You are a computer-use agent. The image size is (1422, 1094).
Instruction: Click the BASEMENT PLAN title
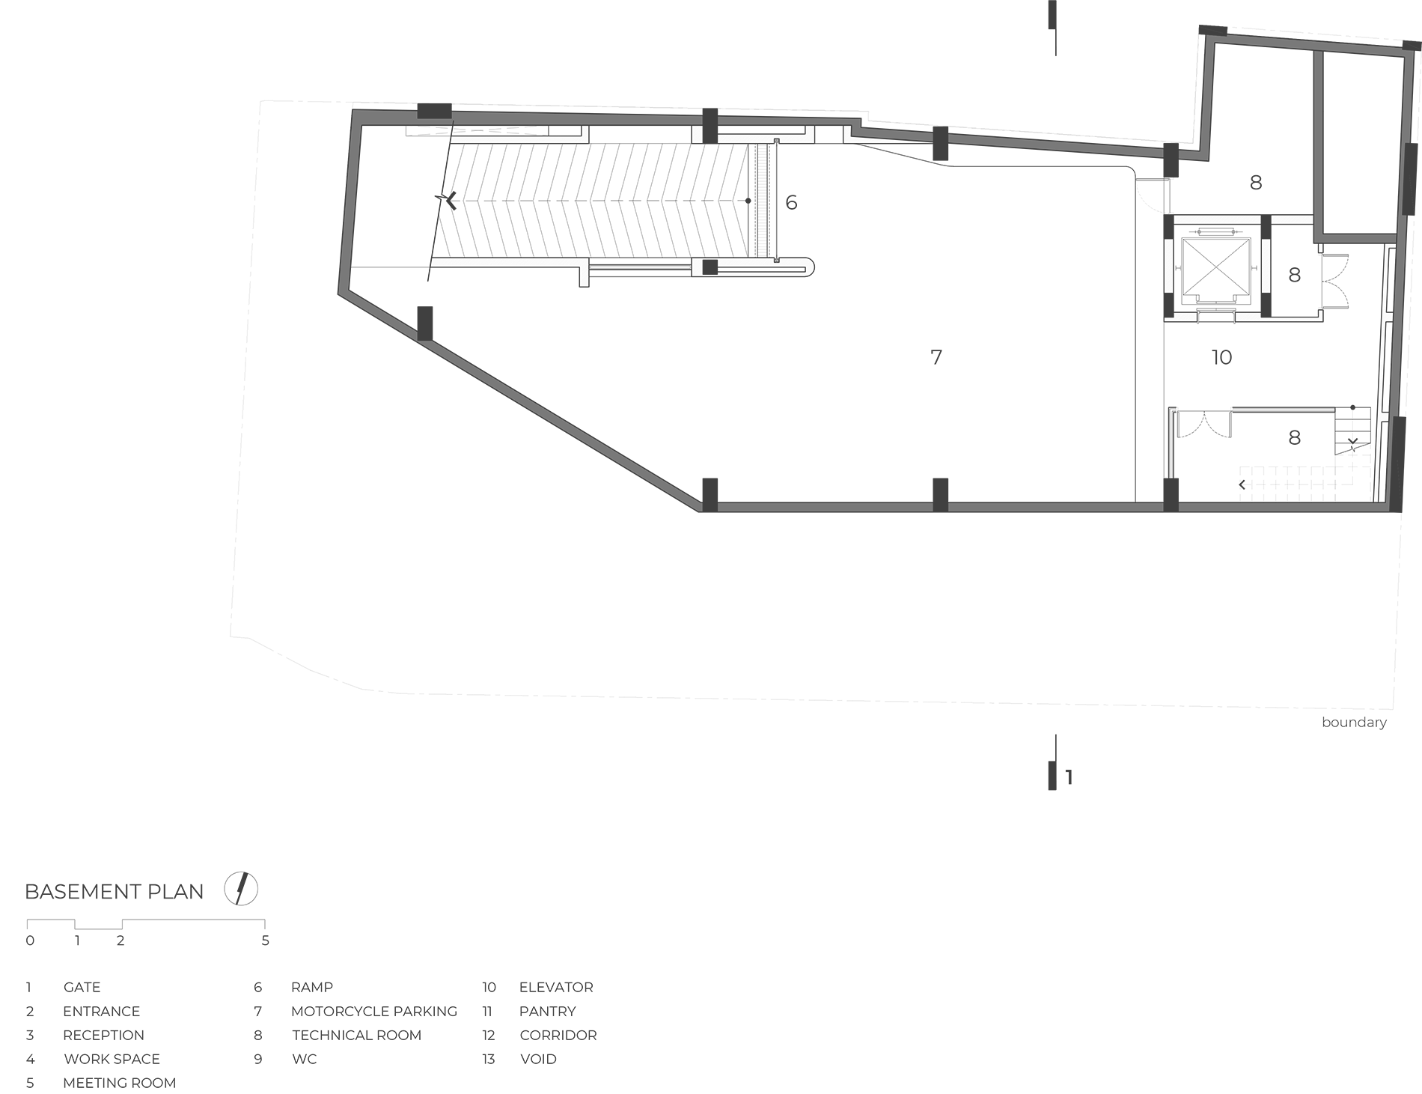[114, 891]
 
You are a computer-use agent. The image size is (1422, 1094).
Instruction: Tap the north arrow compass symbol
[241, 890]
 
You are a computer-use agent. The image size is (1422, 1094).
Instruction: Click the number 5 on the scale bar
[265, 940]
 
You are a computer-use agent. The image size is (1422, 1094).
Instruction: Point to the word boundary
[1354, 723]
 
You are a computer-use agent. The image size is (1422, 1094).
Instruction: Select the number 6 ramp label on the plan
[791, 202]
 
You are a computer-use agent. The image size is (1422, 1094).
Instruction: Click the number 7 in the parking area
[936, 357]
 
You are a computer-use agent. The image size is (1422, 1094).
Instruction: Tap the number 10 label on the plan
[1221, 357]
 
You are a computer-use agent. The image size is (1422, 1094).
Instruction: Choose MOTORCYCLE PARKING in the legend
[374, 1011]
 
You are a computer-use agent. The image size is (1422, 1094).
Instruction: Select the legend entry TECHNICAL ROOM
[357, 1035]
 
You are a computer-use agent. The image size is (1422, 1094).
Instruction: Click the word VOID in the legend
[538, 1059]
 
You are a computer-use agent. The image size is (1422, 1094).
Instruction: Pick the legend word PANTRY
[547, 1011]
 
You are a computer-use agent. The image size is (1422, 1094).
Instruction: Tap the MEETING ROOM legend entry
[120, 1083]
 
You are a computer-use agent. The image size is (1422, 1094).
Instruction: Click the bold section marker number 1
[1069, 777]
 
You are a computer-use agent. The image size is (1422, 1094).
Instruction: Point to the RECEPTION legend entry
[103, 1035]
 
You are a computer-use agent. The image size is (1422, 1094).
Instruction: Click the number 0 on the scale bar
[30, 940]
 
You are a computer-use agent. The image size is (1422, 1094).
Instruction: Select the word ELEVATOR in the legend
[556, 987]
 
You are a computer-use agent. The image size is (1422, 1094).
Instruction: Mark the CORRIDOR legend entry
[558, 1035]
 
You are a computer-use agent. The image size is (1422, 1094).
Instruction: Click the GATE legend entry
[82, 987]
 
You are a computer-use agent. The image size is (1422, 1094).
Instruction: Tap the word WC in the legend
[305, 1059]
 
